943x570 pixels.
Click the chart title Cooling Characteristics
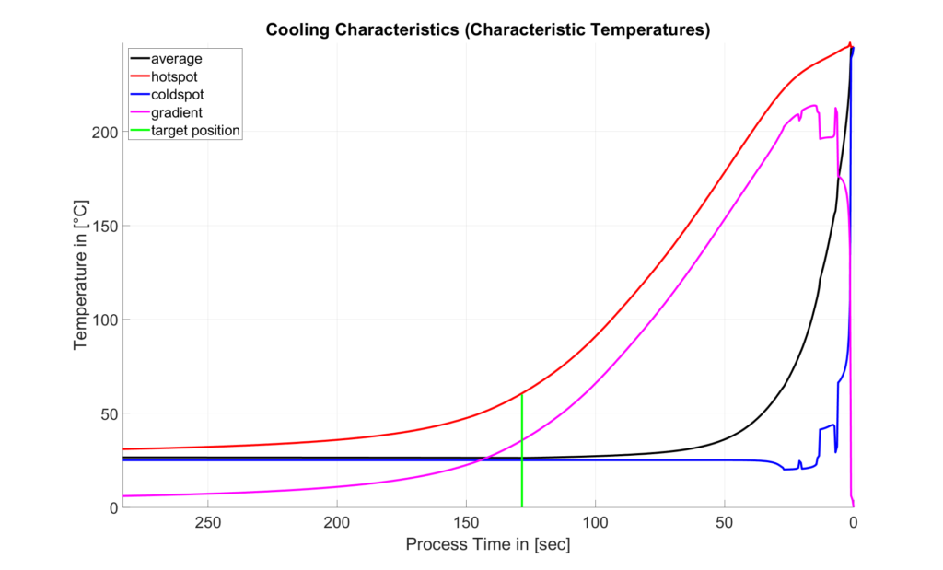[488, 29]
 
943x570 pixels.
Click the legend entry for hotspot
[174, 76]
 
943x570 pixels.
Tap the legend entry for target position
[195, 131]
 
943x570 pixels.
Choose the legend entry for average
[176, 59]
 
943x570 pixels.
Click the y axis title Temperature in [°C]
[81, 274]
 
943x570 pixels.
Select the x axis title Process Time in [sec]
[488, 545]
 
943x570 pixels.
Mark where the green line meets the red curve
[522, 394]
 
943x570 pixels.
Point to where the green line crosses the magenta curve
[522, 440]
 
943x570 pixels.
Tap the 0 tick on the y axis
[113, 507]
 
